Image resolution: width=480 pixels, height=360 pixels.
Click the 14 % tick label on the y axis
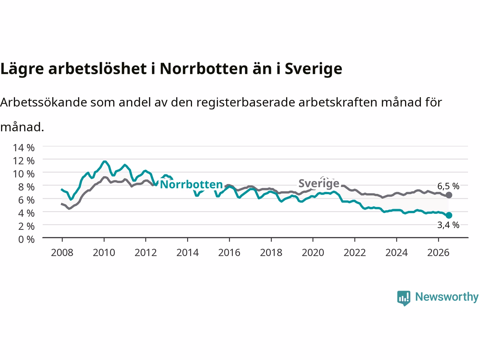click(24, 148)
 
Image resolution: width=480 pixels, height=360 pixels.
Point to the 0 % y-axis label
click(26, 240)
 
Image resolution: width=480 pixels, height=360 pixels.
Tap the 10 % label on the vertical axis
click(24, 174)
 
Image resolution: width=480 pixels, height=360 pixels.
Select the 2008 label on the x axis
click(62, 253)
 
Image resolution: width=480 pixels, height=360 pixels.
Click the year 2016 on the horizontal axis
click(229, 253)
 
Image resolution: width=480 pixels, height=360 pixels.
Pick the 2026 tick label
click(438, 253)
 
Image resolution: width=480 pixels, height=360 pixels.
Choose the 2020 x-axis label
click(313, 253)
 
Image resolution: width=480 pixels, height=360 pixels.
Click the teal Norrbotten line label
click(191, 184)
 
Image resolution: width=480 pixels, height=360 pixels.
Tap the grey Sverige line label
click(319, 183)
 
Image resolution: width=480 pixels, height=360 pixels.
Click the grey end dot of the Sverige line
click(449, 195)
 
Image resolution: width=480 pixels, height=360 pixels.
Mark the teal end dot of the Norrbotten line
click(449, 216)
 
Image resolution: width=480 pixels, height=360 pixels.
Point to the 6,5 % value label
click(448, 186)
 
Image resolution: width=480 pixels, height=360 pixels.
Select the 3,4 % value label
click(448, 225)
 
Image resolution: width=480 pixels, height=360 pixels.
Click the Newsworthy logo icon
click(403, 298)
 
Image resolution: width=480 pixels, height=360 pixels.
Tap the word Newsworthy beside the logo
click(447, 297)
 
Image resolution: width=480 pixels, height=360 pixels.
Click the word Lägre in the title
click(22, 69)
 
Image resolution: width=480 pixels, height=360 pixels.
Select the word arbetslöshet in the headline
click(97, 69)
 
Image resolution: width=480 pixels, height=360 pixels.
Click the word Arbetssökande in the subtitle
click(43, 102)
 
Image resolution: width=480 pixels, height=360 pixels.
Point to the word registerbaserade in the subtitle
click(246, 103)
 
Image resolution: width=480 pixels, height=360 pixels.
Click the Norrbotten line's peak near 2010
click(105, 162)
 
